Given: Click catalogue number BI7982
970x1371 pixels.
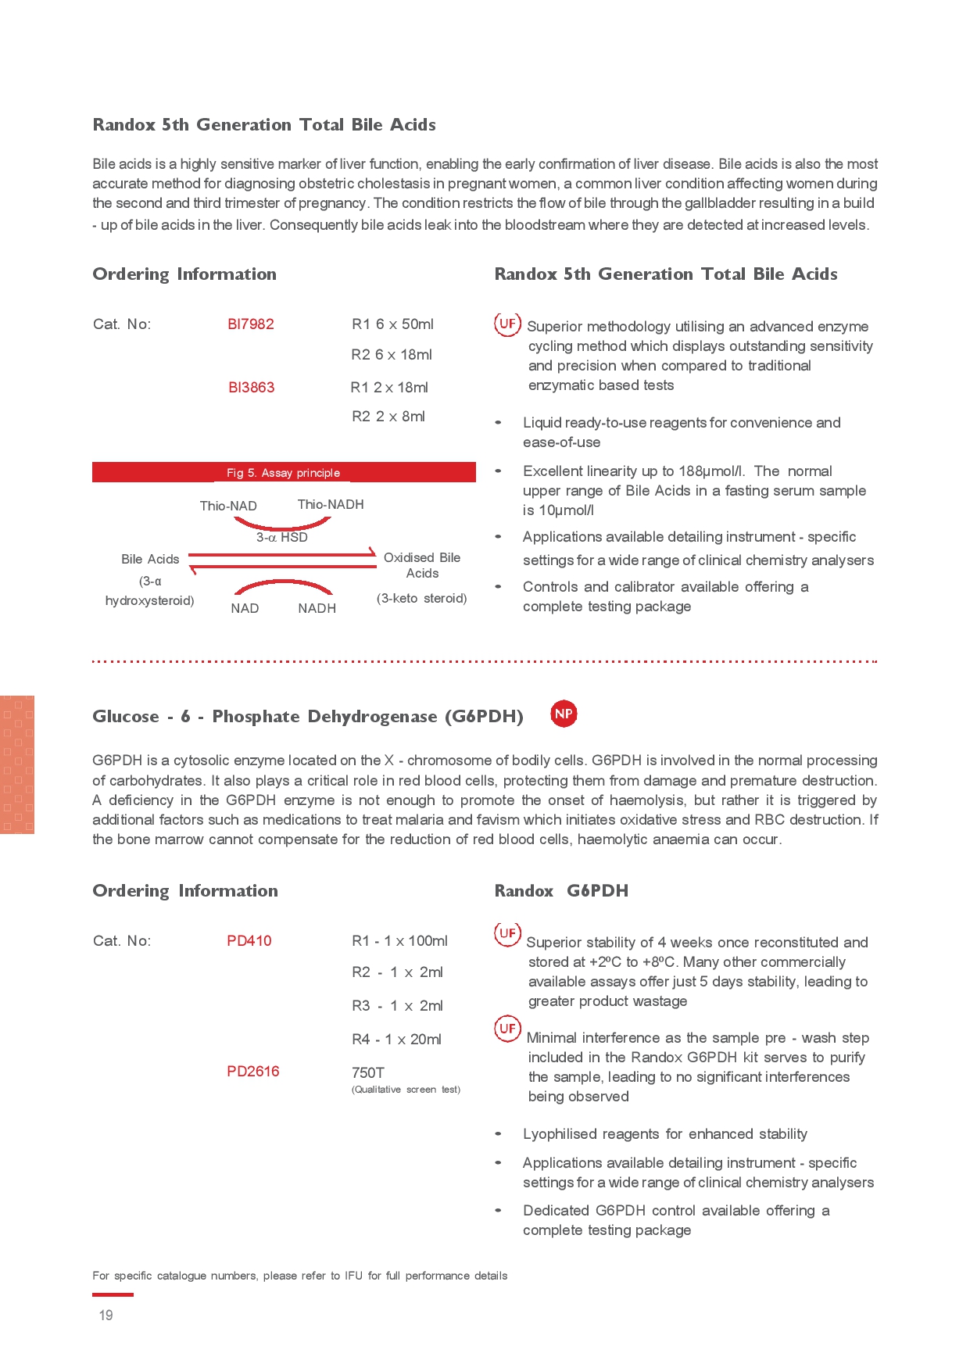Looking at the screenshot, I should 251,324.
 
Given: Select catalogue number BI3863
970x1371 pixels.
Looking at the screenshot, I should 251,388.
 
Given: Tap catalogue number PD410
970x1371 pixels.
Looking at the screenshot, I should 249,941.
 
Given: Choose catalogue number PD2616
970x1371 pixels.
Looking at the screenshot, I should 252,1072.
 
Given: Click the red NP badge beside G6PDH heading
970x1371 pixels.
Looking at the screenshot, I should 564,714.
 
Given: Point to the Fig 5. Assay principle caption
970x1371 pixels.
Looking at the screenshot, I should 283,473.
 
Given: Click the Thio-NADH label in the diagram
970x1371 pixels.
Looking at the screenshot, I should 331,505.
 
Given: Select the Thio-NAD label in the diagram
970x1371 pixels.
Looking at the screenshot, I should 228,506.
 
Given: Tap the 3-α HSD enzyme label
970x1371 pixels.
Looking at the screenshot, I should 282,538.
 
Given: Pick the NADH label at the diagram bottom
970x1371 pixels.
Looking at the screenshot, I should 317,609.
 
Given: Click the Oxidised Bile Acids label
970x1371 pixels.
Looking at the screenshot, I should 422,565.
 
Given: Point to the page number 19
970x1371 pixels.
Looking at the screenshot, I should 106,1316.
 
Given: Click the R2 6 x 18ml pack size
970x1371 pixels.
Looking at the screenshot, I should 392,355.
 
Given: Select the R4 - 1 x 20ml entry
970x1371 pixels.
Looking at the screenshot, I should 396,1040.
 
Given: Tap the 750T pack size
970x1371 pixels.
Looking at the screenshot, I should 368,1073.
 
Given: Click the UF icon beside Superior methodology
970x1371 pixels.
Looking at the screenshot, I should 507,324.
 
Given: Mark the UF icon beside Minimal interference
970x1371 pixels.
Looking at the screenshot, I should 507,1028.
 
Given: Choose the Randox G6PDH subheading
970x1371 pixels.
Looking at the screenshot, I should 561,891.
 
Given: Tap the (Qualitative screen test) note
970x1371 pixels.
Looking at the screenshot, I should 406,1090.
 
